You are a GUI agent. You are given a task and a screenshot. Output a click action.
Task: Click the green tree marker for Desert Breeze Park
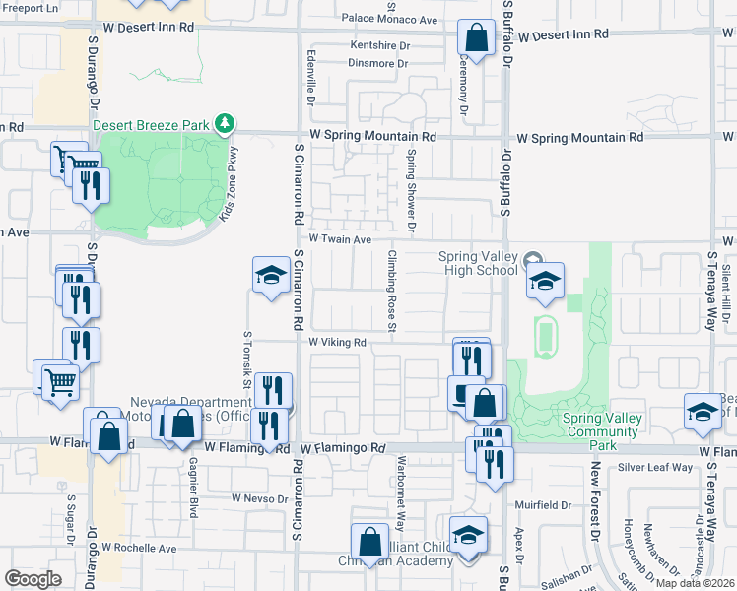(227, 123)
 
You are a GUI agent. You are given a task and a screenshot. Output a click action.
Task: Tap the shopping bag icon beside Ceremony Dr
(475, 39)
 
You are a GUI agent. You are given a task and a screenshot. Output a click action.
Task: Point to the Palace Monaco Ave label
(389, 19)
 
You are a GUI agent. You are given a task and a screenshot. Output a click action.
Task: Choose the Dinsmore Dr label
(377, 63)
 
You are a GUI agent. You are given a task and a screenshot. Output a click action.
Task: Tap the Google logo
(33, 579)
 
